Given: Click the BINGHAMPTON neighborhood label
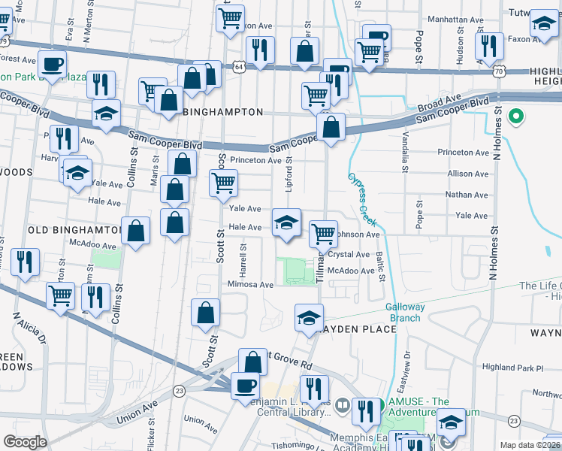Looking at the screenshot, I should coord(224,112).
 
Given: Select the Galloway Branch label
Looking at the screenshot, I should coord(405,312).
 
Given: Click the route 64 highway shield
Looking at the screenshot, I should coord(238,67).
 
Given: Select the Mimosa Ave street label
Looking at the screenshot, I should coord(251,285).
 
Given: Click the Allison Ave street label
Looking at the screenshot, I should coord(467,174).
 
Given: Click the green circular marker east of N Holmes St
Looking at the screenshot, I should coord(515,117).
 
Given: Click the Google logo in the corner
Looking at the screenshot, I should coord(24,442).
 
